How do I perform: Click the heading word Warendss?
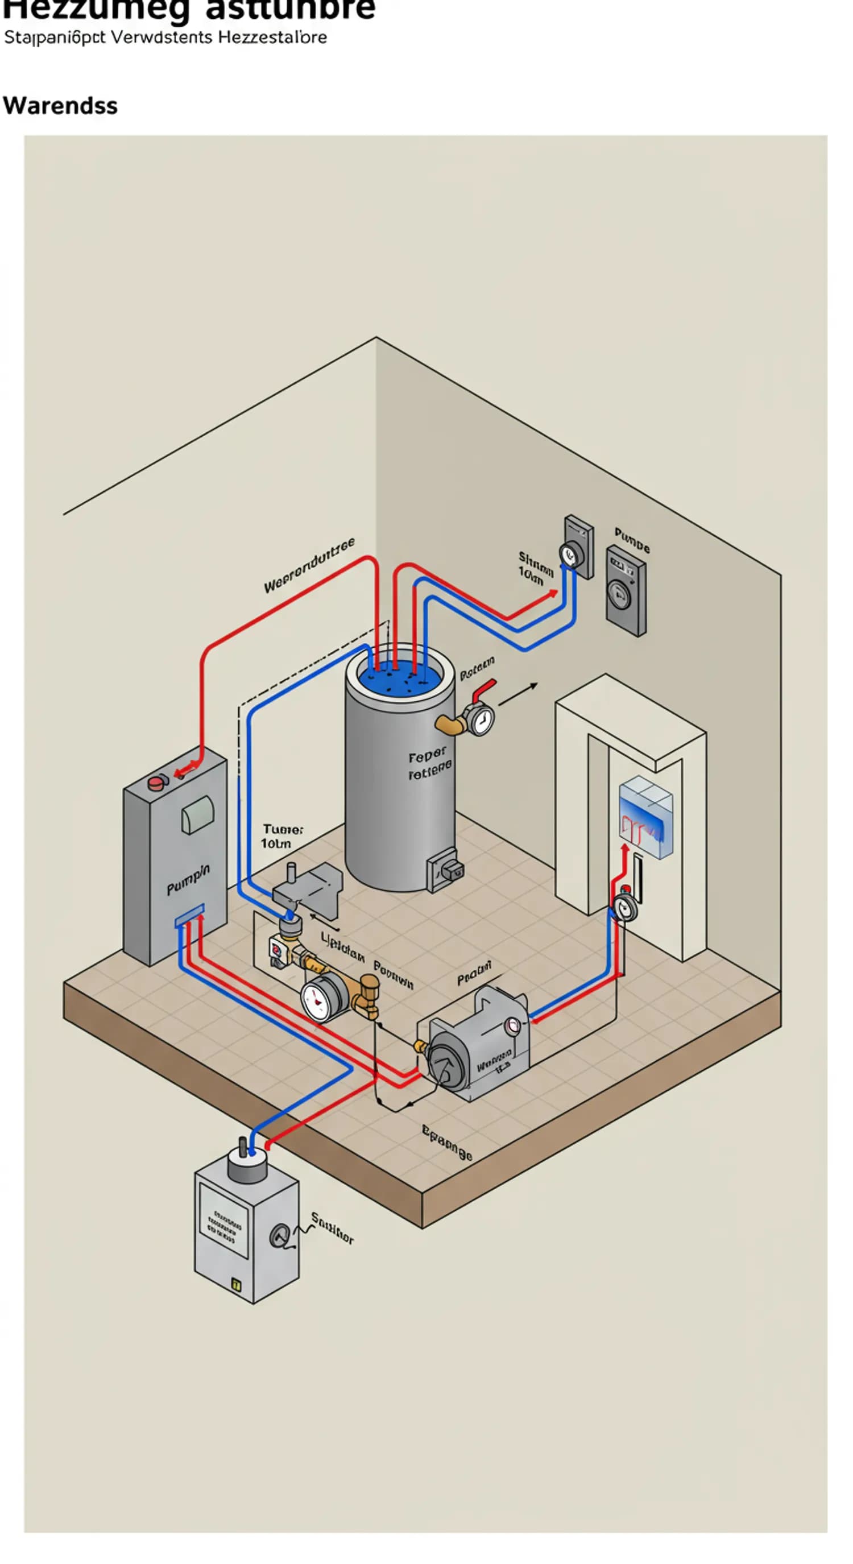[60, 106]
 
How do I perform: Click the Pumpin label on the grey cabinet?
[188, 879]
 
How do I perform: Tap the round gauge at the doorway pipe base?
[624, 907]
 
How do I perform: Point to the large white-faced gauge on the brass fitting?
[321, 998]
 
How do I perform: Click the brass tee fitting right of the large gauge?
[367, 995]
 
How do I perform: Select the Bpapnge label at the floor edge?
[446, 1142]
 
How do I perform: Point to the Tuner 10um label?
[281, 836]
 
